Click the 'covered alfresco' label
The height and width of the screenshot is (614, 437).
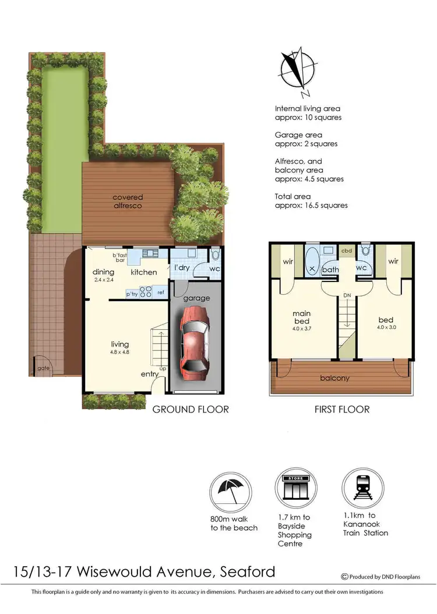(128, 202)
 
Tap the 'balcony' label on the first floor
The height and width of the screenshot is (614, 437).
(334, 378)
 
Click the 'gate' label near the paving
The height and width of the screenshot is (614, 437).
(43, 369)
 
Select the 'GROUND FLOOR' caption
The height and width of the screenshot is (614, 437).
(191, 410)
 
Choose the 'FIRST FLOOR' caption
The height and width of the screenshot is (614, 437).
(342, 410)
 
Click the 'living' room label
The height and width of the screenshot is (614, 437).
(120, 344)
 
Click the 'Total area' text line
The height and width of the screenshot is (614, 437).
(293, 196)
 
